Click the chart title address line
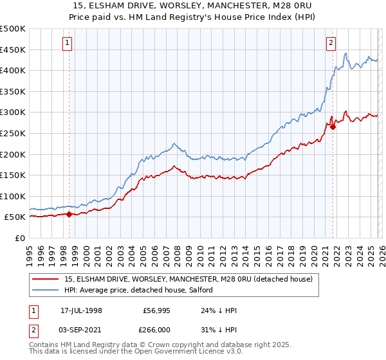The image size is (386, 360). point(193,5)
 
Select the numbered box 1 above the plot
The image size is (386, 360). point(68,43)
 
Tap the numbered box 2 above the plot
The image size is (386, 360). point(331,43)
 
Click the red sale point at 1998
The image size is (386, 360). point(69,215)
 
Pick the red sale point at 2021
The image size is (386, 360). point(333,127)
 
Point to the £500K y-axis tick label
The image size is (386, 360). point(13,29)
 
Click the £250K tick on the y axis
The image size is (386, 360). point(13,133)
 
